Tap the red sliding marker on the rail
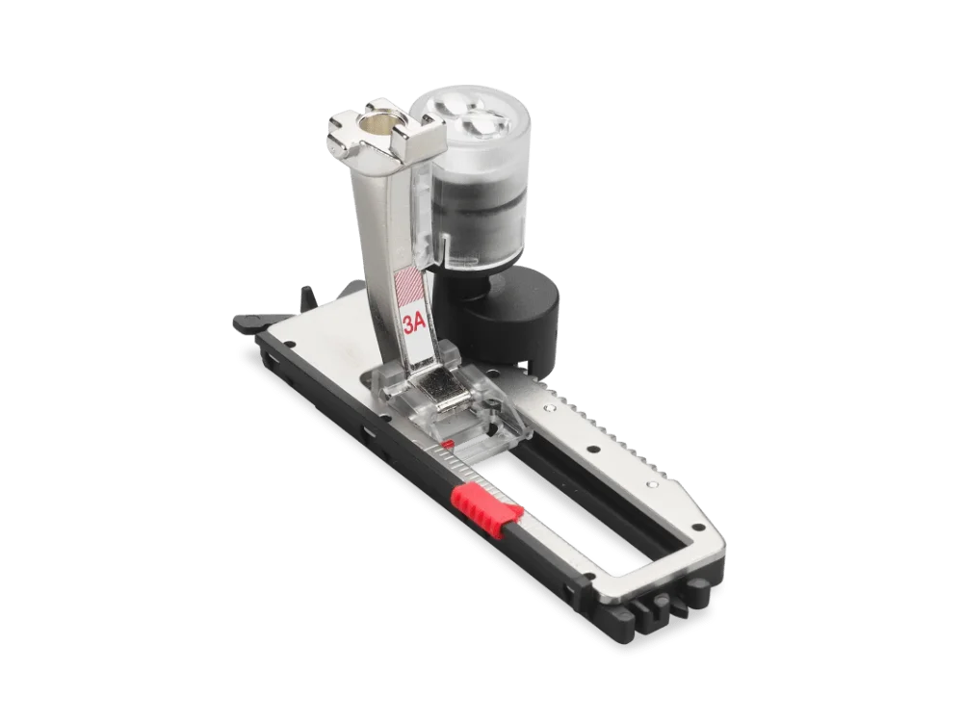click(487, 500)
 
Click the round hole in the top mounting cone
click(382, 121)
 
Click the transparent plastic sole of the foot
click(424, 395)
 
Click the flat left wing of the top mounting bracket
click(345, 124)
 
